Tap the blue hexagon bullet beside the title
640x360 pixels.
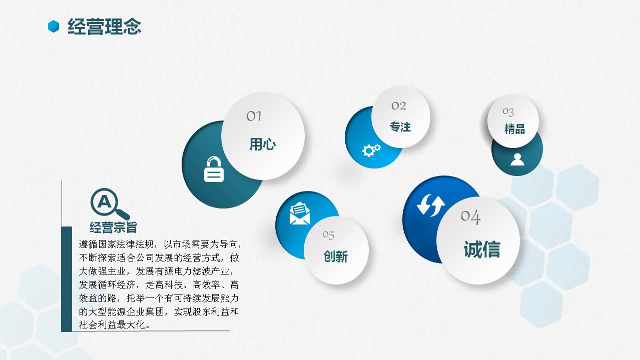(54, 26)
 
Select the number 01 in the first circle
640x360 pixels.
(254, 116)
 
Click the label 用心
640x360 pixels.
(263, 144)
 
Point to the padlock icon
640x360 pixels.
(214, 169)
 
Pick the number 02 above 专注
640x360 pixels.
(399, 105)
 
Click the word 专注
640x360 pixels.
(400, 127)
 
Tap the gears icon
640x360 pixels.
(371, 149)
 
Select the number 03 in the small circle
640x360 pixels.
(508, 111)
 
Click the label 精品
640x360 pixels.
(514, 129)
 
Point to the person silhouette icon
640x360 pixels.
(517, 159)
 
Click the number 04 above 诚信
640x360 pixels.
(470, 216)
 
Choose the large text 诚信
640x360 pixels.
(482, 249)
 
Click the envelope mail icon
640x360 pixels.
(300, 213)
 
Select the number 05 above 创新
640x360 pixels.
(328, 234)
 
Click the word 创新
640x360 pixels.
(336, 256)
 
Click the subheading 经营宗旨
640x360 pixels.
(114, 227)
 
